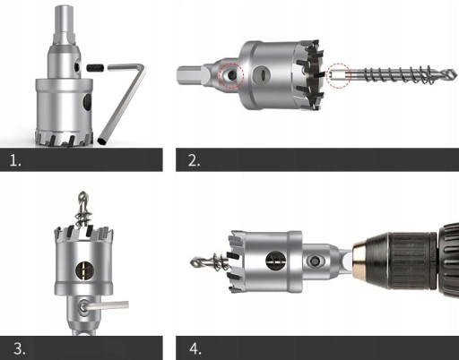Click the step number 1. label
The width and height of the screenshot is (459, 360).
[15, 160]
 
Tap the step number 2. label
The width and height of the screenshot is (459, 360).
[194, 160]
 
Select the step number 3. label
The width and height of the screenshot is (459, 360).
[20, 348]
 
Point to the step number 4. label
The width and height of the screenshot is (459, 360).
[195, 348]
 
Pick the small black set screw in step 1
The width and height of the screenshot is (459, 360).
[95, 68]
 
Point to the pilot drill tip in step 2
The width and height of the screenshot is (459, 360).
[455, 73]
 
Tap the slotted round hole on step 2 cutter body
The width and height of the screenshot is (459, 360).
[262, 74]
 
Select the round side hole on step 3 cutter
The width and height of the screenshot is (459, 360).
[85, 270]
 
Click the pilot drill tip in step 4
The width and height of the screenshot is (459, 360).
[192, 262]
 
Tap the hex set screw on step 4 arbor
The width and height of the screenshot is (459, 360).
[315, 261]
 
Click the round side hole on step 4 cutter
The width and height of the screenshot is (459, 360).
[275, 261]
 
